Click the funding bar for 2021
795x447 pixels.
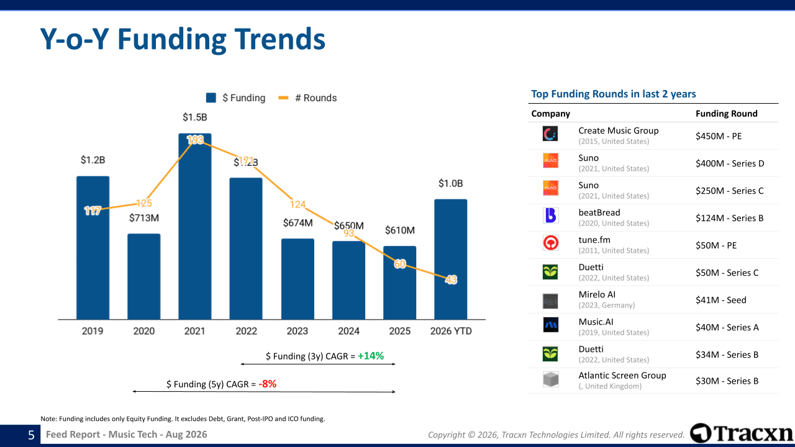click(x=195, y=227)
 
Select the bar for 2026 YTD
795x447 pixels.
click(x=451, y=260)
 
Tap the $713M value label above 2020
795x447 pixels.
click(x=143, y=218)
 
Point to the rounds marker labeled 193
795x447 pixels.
click(x=195, y=140)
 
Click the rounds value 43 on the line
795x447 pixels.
click(x=451, y=280)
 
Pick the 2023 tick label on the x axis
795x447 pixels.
click(x=298, y=331)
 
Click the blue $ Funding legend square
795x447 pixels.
click(x=211, y=97)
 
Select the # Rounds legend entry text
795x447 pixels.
click(x=316, y=97)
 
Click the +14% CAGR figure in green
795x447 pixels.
click(x=371, y=356)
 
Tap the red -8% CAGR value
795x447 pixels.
click(x=267, y=384)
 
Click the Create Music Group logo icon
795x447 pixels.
click(x=550, y=133)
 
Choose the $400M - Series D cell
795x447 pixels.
click(x=730, y=163)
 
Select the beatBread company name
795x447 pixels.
click(x=599, y=212)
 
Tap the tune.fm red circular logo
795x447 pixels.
click(x=550, y=243)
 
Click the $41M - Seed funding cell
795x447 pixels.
click(x=721, y=300)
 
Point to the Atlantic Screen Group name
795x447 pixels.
click(x=622, y=376)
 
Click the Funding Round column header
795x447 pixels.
click(x=727, y=114)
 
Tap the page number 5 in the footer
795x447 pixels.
click(x=31, y=435)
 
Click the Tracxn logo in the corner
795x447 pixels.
click(x=742, y=433)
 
